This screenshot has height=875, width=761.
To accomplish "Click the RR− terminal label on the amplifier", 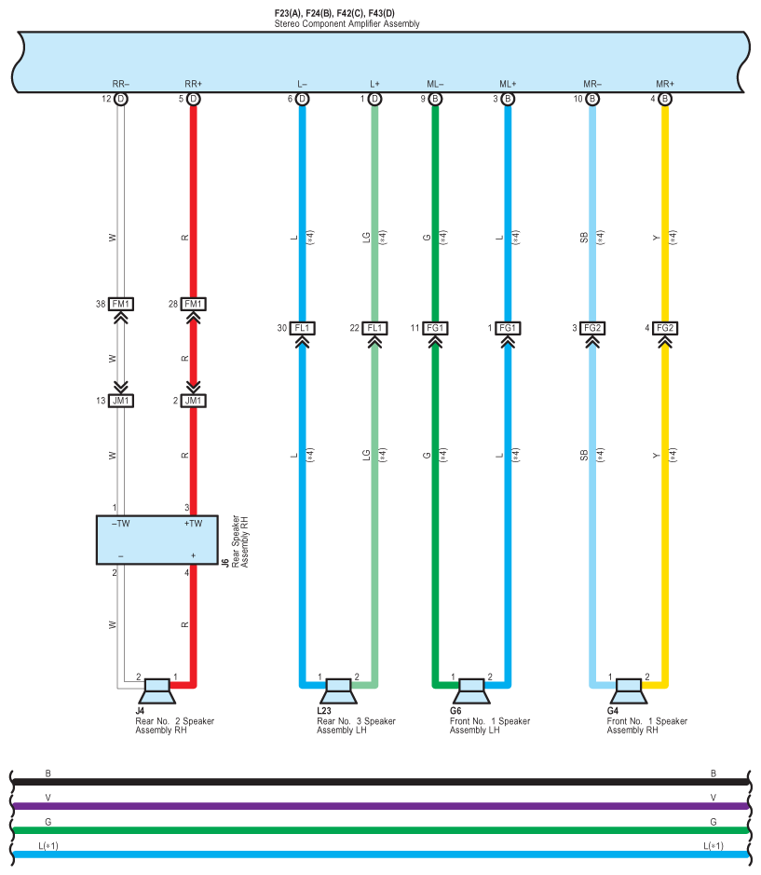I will [120, 84].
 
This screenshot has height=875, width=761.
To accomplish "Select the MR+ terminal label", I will [665, 84].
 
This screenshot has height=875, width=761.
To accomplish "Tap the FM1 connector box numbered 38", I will [120, 305].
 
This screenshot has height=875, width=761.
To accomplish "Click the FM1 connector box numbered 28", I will [193, 305].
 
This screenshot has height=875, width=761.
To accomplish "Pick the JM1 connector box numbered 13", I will [120, 401].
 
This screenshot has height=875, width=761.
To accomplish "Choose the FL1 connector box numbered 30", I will [302, 328].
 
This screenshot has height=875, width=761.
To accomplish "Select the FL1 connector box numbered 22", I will [374, 328].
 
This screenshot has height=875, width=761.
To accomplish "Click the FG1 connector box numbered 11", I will [435, 328].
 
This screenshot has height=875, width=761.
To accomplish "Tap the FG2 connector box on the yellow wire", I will [665, 328].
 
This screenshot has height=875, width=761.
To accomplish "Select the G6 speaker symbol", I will [471, 692].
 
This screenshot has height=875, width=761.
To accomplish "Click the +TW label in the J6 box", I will [193, 524].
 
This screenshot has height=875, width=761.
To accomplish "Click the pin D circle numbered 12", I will [120, 99].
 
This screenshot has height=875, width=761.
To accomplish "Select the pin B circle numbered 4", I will [665, 99].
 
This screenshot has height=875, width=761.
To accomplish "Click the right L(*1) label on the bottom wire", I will [713, 845].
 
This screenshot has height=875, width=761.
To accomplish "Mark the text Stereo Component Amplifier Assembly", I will [347, 23].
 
